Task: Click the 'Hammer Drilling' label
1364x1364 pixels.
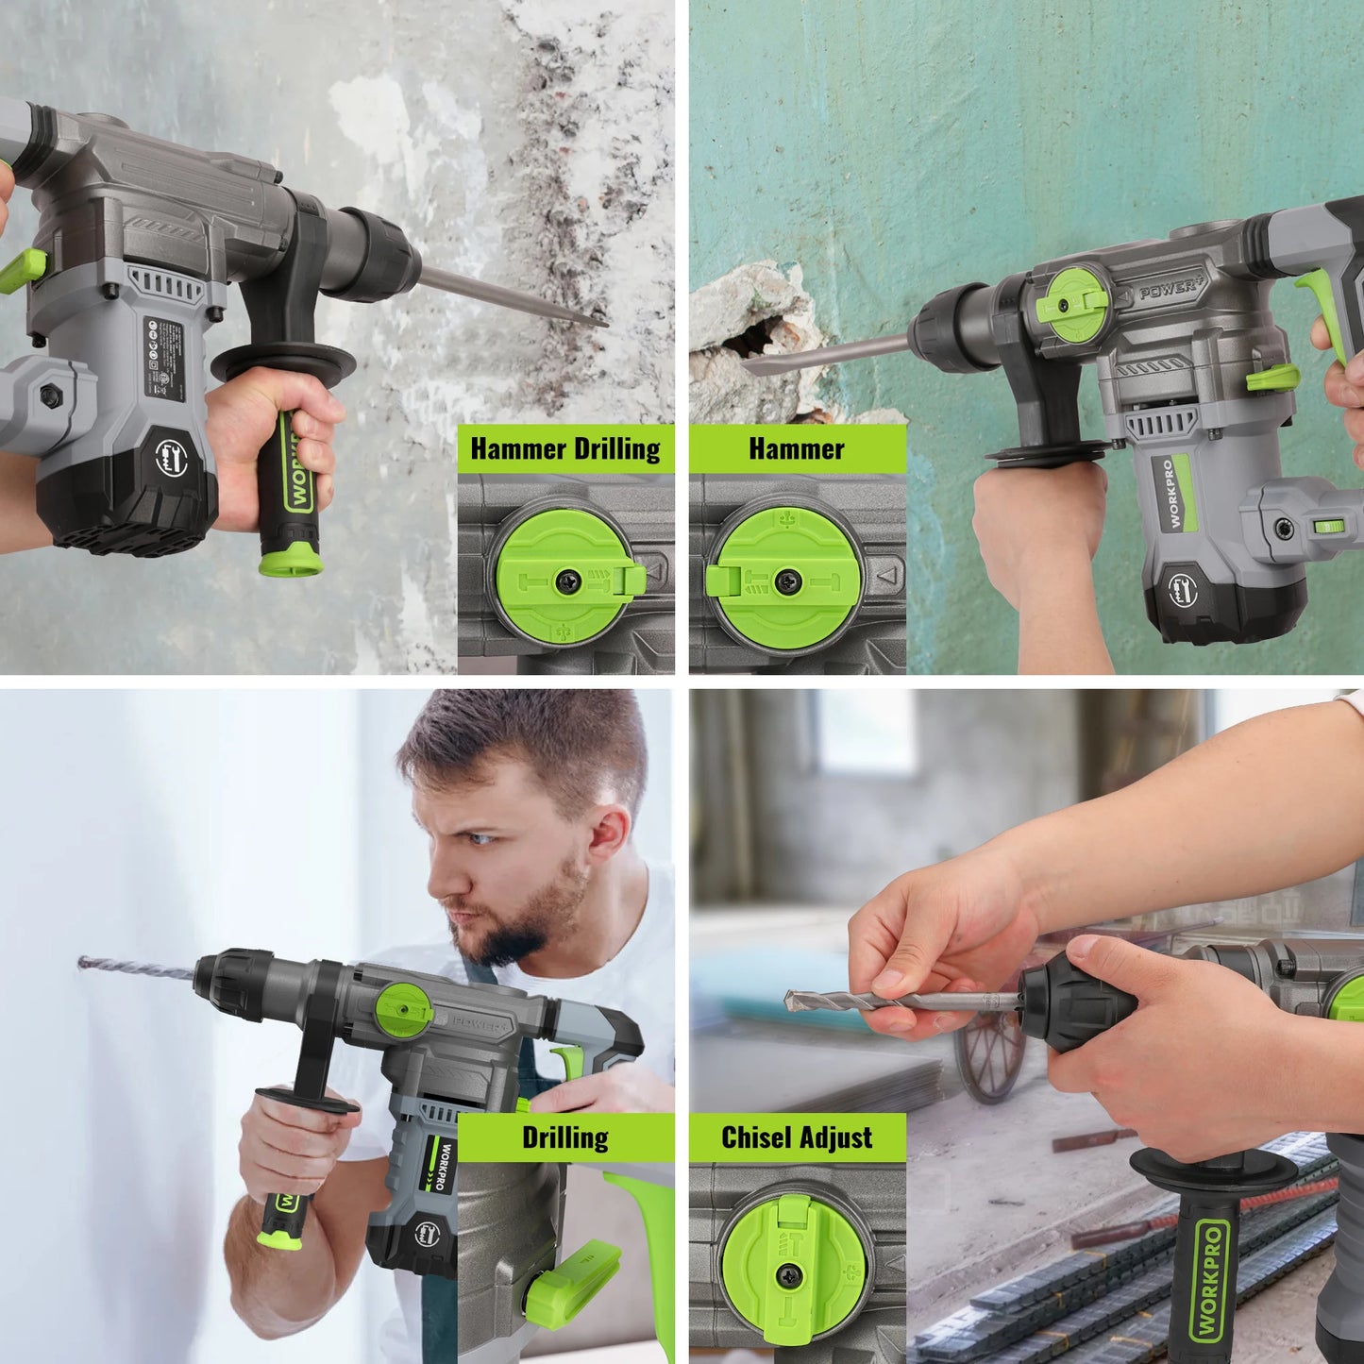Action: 565,449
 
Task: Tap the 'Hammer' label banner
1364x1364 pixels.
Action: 797,449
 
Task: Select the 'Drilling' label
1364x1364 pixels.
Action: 565,1137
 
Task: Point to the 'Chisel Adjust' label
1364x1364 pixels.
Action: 797,1137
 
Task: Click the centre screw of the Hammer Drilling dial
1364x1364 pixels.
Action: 566,582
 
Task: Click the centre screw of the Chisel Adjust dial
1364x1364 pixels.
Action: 784,1276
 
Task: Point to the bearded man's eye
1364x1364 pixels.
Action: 480,837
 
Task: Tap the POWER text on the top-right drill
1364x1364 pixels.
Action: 1170,289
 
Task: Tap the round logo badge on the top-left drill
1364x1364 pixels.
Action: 171,460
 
